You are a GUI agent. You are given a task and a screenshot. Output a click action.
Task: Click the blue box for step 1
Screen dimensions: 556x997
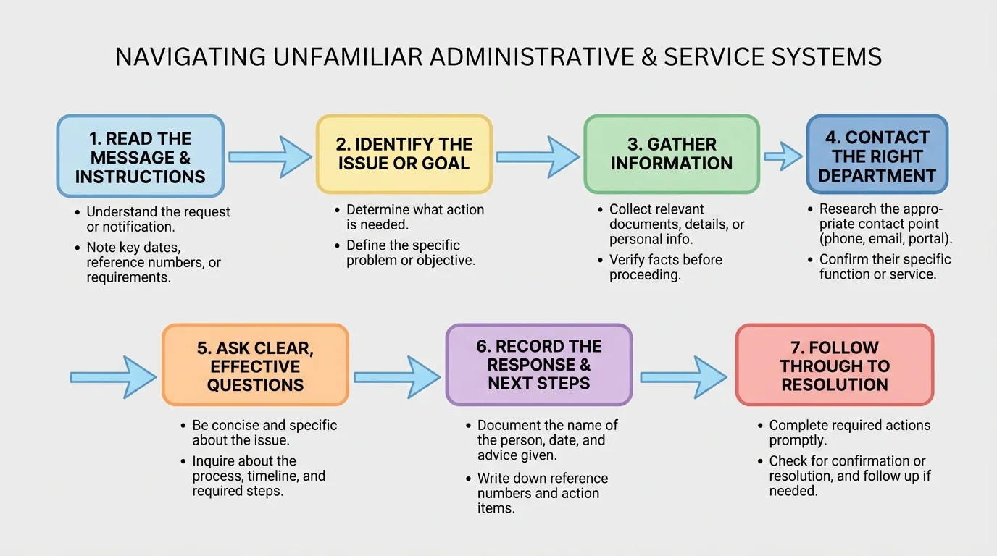pos(141,156)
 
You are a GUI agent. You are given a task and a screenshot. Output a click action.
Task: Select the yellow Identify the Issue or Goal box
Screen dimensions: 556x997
pos(404,153)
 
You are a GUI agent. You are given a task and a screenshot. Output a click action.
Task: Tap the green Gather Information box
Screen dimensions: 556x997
pos(672,154)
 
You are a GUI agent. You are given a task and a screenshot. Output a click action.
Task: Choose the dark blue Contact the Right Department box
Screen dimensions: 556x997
pos(877,155)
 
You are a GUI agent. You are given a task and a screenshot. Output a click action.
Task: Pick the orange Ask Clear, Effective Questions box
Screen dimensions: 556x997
pos(255,365)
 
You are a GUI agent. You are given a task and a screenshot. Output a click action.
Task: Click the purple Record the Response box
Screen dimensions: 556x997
pos(538,364)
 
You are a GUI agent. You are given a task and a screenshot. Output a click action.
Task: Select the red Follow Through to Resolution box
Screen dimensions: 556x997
pos(834,365)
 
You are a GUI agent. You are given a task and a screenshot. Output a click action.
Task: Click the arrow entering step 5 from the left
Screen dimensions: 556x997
pos(112,376)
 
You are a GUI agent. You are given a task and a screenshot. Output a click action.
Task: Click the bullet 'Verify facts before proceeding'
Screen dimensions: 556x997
pos(664,267)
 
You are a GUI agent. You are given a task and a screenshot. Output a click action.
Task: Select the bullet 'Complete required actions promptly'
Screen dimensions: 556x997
pos(848,432)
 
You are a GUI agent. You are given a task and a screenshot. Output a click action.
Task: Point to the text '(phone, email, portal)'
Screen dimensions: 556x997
pos(885,239)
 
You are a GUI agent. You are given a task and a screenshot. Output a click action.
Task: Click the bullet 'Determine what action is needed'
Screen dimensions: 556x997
pos(414,217)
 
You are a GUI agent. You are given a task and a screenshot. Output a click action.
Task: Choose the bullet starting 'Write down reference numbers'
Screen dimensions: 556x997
pos(542,493)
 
